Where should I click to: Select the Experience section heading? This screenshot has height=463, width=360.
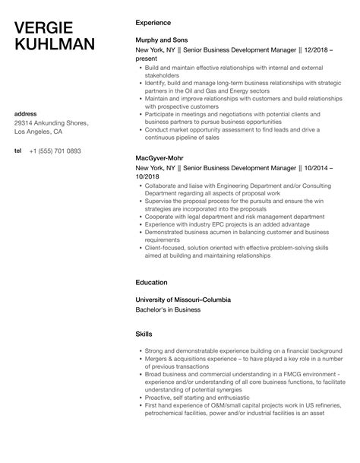(153, 23)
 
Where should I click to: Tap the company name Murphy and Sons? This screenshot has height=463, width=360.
(162, 40)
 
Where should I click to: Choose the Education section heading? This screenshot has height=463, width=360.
(152, 282)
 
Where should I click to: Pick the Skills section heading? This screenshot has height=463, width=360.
(144, 334)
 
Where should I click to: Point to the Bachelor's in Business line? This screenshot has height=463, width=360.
(169, 309)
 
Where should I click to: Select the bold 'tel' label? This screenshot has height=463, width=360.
(18, 151)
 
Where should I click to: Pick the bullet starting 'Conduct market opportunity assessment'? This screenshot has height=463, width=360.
(220, 129)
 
